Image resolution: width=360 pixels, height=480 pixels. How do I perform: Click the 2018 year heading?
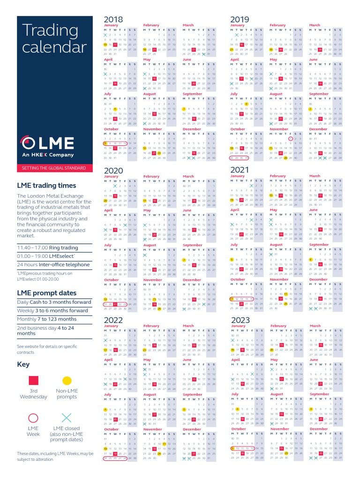(x=113, y=19)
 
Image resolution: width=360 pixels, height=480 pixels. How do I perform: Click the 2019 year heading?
(x=240, y=19)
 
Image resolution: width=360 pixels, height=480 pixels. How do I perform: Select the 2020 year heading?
(x=113, y=171)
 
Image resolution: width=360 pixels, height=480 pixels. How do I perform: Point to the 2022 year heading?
(x=113, y=320)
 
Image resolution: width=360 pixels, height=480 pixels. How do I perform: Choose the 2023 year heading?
(x=240, y=320)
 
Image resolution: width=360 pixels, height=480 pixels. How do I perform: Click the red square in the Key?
(x=33, y=381)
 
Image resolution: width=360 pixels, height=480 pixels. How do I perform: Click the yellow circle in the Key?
(x=67, y=381)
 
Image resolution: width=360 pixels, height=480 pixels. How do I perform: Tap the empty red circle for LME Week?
(x=33, y=418)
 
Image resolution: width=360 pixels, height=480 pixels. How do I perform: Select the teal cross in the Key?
(x=67, y=418)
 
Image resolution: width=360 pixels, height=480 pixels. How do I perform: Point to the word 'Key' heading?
(x=23, y=364)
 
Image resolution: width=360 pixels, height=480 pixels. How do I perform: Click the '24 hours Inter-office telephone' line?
(x=53, y=264)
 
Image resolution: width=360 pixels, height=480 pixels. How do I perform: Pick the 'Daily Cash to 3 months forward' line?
(x=54, y=302)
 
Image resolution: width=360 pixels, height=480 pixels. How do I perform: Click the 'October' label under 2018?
(x=111, y=129)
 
